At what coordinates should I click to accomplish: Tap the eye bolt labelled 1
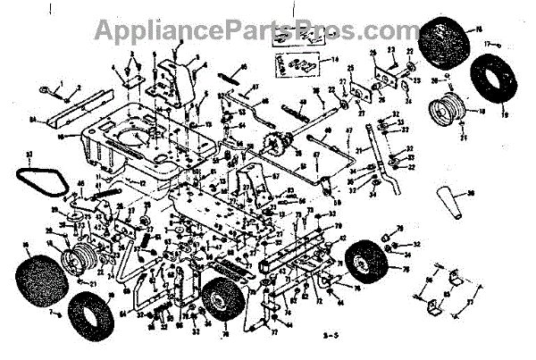[46, 88]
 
